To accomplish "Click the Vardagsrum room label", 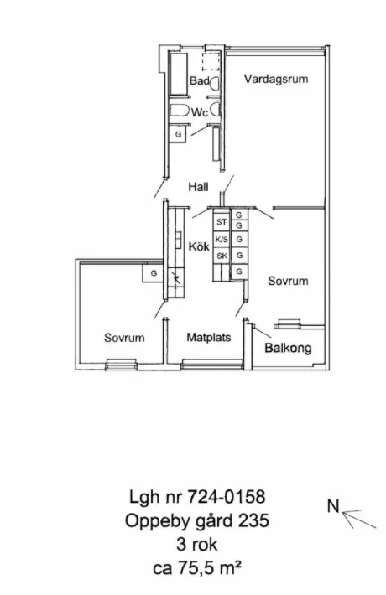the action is [x=276, y=80].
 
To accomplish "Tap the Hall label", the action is [x=198, y=187].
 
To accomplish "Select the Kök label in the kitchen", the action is [x=199, y=246].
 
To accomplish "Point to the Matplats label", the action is [x=209, y=338].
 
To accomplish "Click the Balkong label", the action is [x=288, y=348].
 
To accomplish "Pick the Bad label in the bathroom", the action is [x=200, y=80].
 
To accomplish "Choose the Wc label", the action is [x=200, y=112].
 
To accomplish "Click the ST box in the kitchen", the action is [x=222, y=222].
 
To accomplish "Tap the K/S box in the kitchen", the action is [x=222, y=240].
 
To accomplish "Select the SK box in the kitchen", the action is [x=222, y=256].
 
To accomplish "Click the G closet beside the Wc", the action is [x=178, y=134].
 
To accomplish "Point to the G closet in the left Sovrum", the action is [x=154, y=273].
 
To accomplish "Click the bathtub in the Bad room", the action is [x=178, y=74].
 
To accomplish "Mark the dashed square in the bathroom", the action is [x=211, y=62].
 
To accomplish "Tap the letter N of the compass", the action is [x=333, y=506].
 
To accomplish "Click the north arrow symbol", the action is [x=359, y=519].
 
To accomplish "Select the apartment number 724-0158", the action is [x=227, y=497].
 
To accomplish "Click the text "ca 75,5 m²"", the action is [x=197, y=568].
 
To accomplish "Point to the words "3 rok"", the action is [x=197, y=544].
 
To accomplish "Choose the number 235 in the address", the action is [x=253, y=520].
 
